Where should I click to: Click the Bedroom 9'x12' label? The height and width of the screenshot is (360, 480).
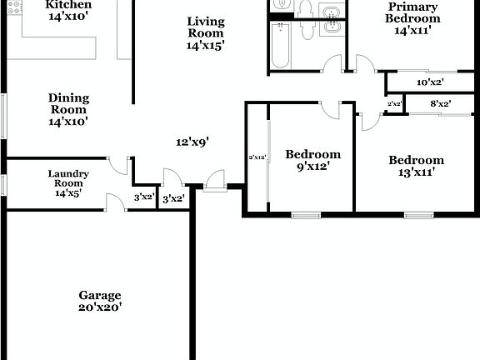[x=312, y=159]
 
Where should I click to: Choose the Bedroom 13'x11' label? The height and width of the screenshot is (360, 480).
[x=417, y=166]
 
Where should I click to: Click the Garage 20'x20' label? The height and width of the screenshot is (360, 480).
[x=100, y=301]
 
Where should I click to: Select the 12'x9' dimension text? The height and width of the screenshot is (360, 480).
[x=192, y=142]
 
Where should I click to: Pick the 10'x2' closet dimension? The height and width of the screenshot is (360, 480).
[x=430, y=82]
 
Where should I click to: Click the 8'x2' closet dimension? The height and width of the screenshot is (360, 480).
[x=440, y=104]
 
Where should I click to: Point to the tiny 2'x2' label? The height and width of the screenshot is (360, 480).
[x=395, y=104]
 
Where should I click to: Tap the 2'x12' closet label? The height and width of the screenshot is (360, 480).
[x=257, y=157]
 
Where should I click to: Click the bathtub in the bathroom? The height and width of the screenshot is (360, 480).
[x=279, y=47]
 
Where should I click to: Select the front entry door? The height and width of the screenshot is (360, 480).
[x=214, y=180]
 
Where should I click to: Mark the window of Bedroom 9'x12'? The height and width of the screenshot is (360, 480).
[x=306, y=215]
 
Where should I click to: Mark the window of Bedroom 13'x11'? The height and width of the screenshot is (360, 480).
[x=418, y=215]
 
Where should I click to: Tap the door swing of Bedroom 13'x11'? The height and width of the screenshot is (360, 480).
[x=370, y=121]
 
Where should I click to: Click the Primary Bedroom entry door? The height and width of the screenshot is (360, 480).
[x=364, y=63]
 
